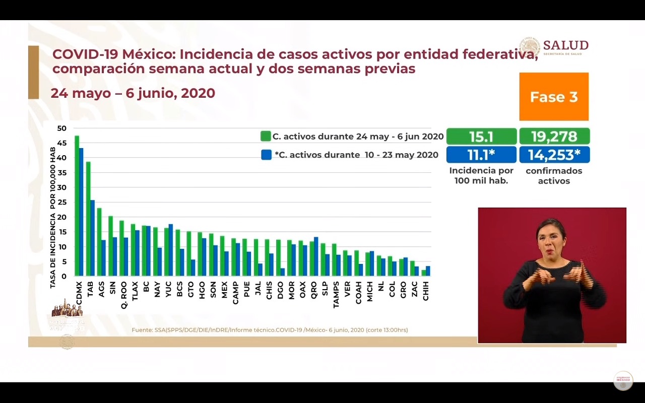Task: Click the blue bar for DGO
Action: tap(283, 272)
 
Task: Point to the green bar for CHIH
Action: tap(424, 273)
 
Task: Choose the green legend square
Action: tap(266, 136)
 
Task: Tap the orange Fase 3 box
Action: tap(554, 97)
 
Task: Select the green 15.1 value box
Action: tap(481, 137)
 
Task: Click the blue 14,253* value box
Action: tap(554, 155)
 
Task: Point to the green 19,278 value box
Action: tap(554, 137)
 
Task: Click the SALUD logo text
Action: tap(565, 45)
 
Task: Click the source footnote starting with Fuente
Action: tap(270, 330)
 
